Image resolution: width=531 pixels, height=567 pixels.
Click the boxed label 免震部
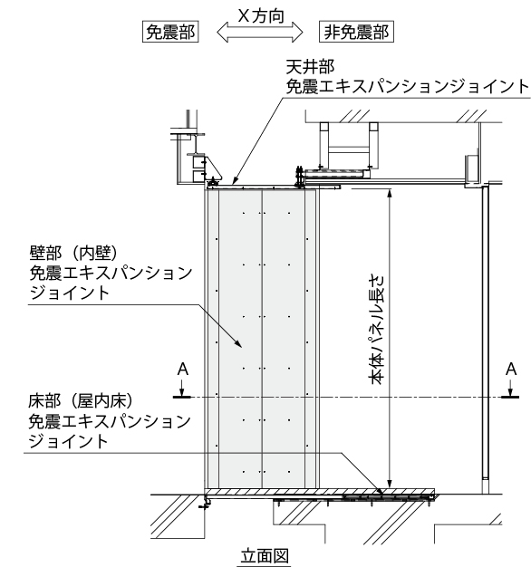pos(170,32)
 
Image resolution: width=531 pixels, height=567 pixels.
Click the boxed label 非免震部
pos(356,32)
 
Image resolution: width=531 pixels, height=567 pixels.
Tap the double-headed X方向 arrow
pos(260,32)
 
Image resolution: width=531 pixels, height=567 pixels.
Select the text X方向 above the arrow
pos(261,16)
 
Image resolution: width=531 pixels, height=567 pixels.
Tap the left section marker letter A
pos(183,370)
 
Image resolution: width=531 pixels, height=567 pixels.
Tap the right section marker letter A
pos(511,370)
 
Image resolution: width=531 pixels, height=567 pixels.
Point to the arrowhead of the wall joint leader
pos(237,342)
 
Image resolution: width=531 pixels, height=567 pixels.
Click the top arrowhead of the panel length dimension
pos(390,193)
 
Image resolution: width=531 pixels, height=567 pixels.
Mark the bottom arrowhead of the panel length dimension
pos(390,484)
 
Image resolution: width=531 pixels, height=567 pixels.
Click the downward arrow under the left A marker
pos(182,390)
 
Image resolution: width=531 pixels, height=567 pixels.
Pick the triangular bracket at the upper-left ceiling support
pos(212,168)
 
